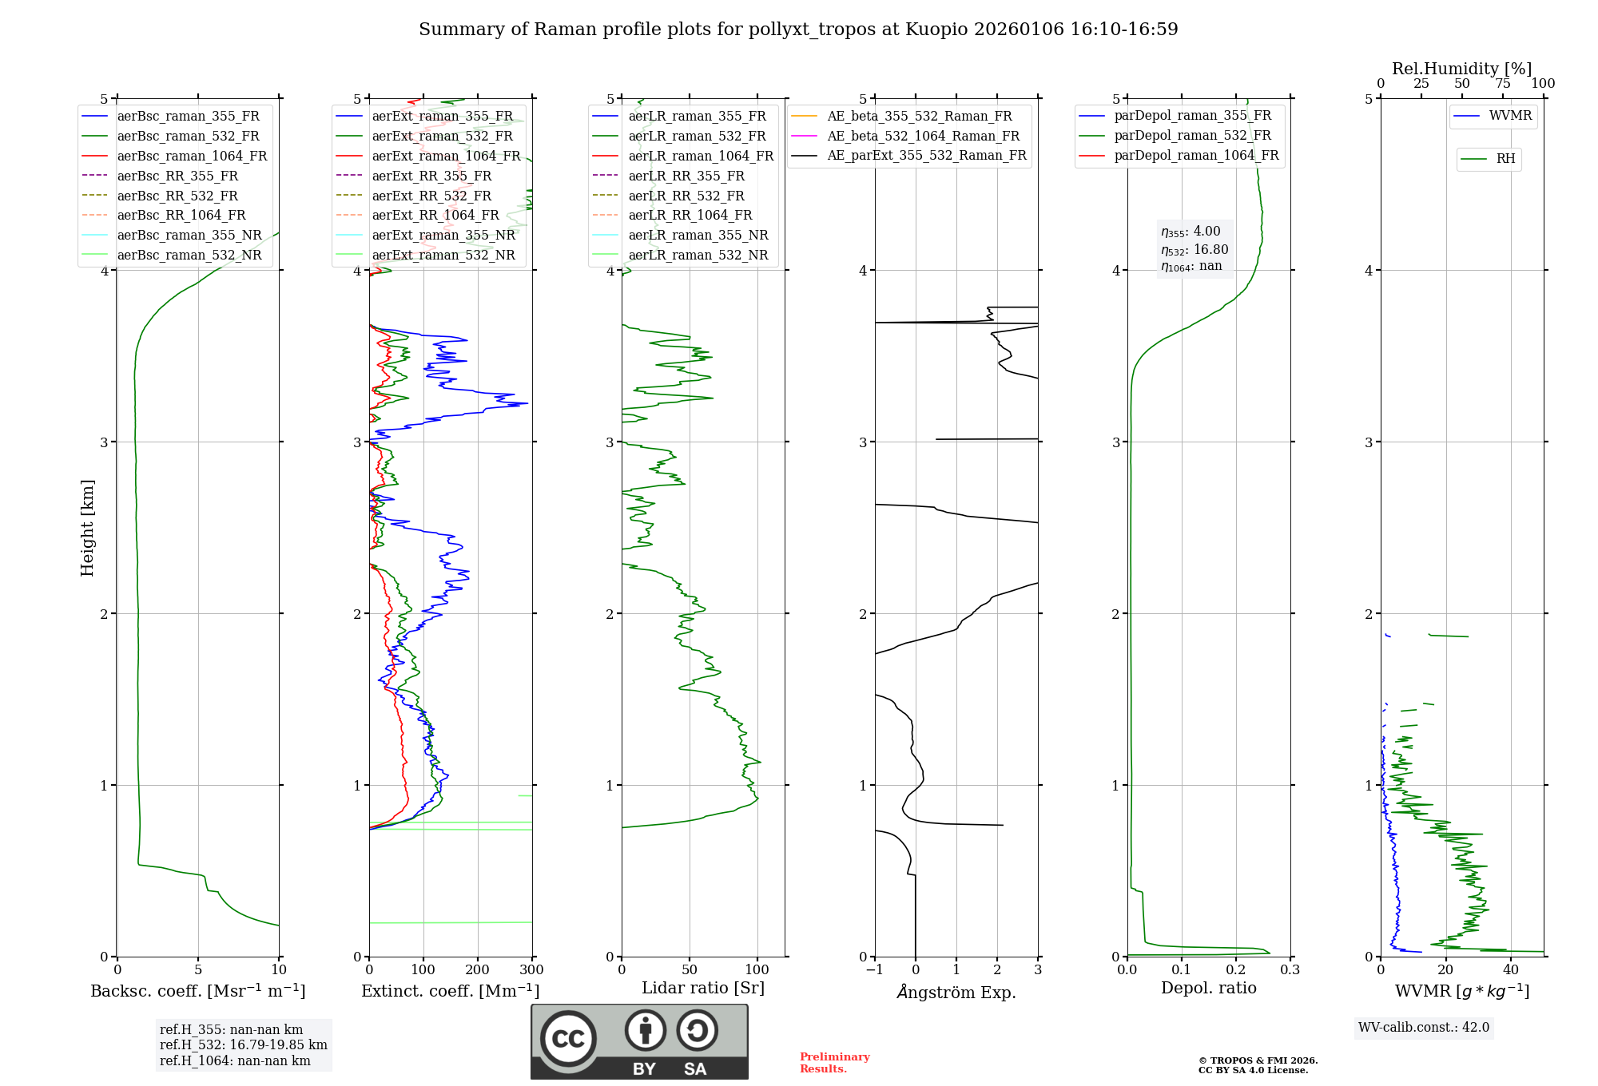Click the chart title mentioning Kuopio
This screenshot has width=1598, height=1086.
(798, 30)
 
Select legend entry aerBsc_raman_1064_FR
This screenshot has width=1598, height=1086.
(192, 156)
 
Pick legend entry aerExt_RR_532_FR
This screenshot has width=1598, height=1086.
(431, 196)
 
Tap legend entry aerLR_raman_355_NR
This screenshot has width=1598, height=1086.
(698, 235)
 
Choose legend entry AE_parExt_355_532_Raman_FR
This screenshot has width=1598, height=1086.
(926, 155)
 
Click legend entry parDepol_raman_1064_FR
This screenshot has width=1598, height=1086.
(1196, 155)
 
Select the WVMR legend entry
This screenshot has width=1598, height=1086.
(1509, 116)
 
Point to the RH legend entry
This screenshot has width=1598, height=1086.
(1505, 158)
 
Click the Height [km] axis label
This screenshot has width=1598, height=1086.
(87, 528)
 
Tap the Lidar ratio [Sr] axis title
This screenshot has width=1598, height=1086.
(703, 988)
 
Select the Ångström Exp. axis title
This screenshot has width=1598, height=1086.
(956, 992)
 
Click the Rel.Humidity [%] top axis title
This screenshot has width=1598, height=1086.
(1461, 69)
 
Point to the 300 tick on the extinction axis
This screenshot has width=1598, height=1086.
(531, 970)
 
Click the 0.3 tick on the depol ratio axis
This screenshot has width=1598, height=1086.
(1290, 970)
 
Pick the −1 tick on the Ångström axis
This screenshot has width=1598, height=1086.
(874, 970)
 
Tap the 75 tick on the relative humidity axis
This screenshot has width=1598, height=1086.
(1502, 84)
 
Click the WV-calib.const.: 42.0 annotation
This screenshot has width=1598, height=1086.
(1424, 1027)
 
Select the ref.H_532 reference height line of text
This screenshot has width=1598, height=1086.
(243, 1044)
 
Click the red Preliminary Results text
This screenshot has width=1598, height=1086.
(834, 1063)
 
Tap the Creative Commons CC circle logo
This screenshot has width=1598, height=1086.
(568, 1039)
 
